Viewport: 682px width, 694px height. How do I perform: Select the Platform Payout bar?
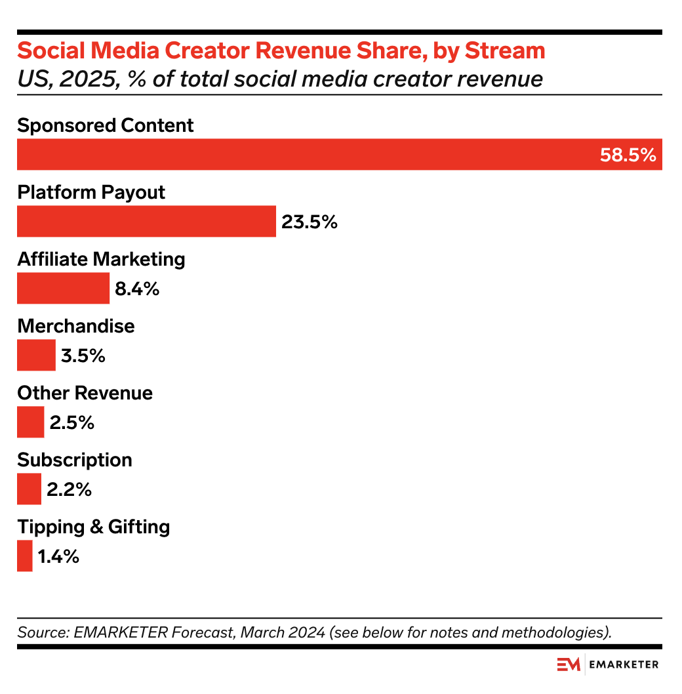tap(146, 221)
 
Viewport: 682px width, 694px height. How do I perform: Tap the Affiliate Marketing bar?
tap(63, 288)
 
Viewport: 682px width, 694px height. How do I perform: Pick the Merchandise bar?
tap(36, 355)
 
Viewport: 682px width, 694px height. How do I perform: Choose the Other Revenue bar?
tap(30, 422)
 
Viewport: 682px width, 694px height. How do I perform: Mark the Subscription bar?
tap(29, 489)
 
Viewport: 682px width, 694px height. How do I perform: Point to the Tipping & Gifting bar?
tap(24, 556)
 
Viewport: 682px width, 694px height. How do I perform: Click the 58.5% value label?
tap(628, 155)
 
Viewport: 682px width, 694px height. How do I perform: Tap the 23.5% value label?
tap(310, 222)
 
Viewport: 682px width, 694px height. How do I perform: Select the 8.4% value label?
tap(137, 289)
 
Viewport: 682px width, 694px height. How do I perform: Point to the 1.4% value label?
tap(58, 556)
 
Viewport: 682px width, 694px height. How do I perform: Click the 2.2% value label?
tap(69, 489)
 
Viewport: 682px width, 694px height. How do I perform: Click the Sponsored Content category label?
tap(105, 125)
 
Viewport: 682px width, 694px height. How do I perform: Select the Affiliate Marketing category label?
tap(101, 259)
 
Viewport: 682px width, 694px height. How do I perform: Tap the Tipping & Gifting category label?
tap(93, 527)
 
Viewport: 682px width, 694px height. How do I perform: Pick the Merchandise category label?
tap(75, 326)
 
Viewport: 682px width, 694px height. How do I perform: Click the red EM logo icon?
tap(569, 664)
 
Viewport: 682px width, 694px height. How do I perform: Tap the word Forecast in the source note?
tap(203, 633)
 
